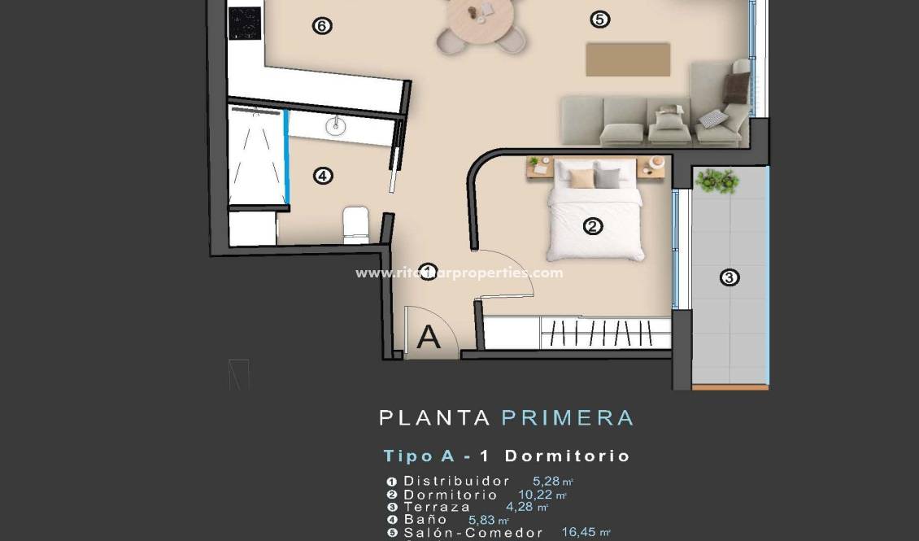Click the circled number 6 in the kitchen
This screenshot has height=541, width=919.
[x=322, y=26]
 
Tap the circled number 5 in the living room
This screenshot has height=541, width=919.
[x=600, y=20]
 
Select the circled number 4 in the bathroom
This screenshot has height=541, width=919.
[x=324, y=175]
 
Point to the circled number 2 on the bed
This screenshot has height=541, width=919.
[x=593, y=226]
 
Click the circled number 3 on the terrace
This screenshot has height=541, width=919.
[x=730, y=278]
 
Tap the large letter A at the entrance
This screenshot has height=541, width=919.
[x=429, y=336]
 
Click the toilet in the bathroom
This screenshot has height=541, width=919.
[x=356, y=225]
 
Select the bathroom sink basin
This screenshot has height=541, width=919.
[x=335, y=125]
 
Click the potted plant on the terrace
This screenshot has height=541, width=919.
[x=716, y=181]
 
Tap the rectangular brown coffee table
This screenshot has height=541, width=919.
[x=628, y=59]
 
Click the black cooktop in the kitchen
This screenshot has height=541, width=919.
[x=245, y=22]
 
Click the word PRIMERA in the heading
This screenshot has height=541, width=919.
[x=567, y=418]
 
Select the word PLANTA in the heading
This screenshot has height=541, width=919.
[x=434, y=418]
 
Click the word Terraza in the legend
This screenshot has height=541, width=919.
[x=437, y=507]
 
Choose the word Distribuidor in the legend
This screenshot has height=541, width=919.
[x=457, y=481]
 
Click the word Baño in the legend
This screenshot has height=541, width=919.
[x=425, y=519]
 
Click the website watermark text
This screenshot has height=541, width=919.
[x=459, y=273]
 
